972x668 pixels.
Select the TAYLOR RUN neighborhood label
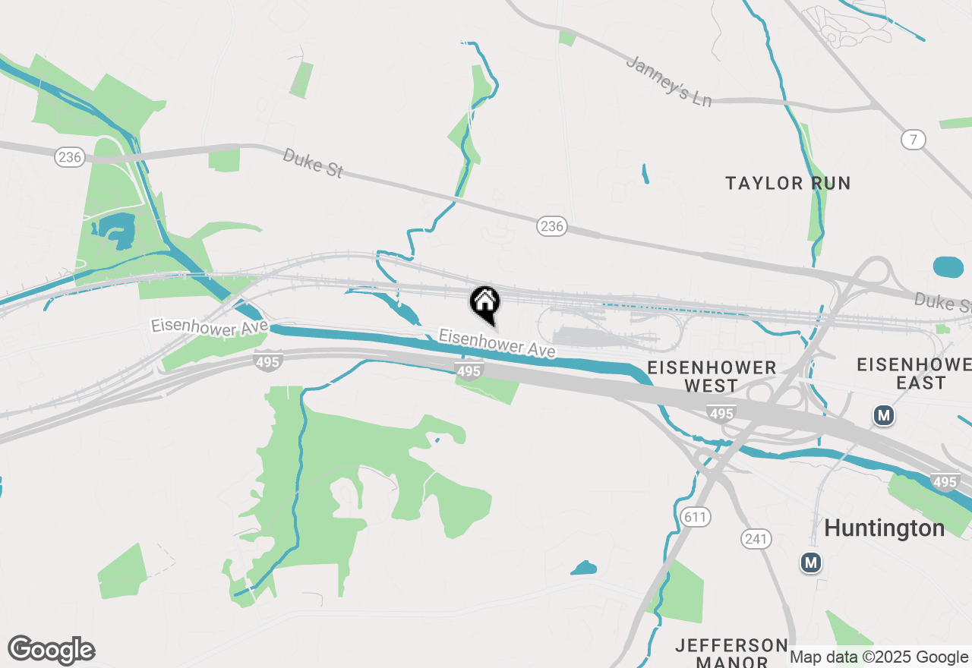click(x=787, y=183)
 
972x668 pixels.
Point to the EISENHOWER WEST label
click(x=712, y=377)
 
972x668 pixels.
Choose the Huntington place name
click(x=884, y=528)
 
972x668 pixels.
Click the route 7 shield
click(x=914, y=139)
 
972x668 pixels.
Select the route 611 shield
click(x=695, y=518)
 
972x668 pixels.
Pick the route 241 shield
click(x=756, y=539)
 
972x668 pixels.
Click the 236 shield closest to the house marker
click(x=552, y=225)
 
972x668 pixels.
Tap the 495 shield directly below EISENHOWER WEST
click(x=720, y=413)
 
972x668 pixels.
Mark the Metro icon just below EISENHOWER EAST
click(x=882, y=415)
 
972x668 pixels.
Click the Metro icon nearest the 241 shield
click(x=811, y=562)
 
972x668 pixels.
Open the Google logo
click(x=52, y=650)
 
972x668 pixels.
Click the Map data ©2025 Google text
click(x=879, y=657)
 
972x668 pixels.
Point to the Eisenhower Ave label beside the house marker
click(x=497, y=343)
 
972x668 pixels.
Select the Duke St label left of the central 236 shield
click(x=312, y=162)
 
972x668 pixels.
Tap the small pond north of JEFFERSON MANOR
click(x=583, y=568)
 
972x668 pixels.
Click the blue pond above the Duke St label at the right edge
click(x=948, y=267)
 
